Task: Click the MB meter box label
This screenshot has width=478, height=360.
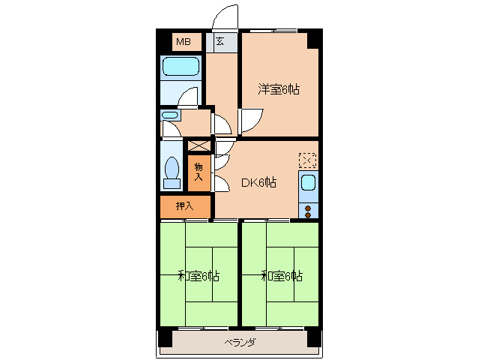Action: [x=184, y=41]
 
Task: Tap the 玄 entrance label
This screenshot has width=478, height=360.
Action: [x=220, y=41]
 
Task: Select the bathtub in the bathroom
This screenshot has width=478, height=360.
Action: [x=181, y=66]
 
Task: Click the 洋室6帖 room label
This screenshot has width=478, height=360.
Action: [x=279, y=89]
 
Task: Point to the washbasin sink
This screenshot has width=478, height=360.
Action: [x=170, y=115]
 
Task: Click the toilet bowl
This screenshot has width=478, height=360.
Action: [x=172, y=172]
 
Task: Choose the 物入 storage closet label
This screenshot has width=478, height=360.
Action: [x=199, y=172]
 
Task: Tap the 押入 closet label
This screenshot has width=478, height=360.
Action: [x=185, y=206]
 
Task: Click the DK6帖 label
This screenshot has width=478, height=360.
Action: [x=258, y=182]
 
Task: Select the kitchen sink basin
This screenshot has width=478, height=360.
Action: [x=308, y=183]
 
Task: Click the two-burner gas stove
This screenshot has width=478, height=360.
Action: [x=308, y=211]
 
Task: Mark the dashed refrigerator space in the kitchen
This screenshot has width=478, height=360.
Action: [x=308, y=160]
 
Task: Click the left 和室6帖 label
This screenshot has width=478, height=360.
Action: [x=199, y=276]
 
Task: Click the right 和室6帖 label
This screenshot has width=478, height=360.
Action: [x=282, y=276]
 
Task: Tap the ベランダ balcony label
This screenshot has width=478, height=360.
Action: [x=240, y=342]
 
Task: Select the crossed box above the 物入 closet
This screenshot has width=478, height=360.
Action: [x=199, y=145]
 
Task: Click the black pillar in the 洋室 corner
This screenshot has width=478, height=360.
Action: [x=314, y=39]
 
